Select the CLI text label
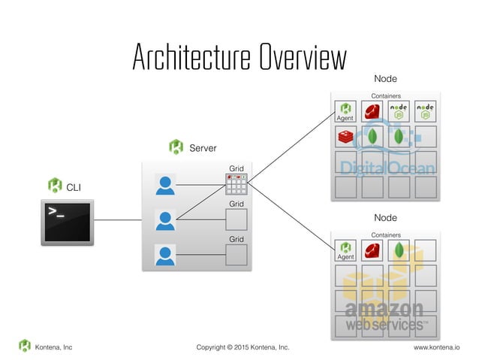click(x=74, y=186)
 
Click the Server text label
click(x=203, y=148)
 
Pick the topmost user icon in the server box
click(x=165, y=184)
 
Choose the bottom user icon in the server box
click(x=165, y=255)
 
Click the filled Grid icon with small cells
click(x=236, y=184)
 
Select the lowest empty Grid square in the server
click(x=236, y=255)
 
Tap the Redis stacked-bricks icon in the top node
click(x=346, y=138)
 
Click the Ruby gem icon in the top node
click(x=372, y=112)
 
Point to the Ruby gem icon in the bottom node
click(x=372, y=251)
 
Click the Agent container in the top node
click(x=346, y=112)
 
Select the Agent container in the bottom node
click(x=346, y=251)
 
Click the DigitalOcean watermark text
click(x=387, y=167)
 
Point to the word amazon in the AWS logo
click(x=384, y=309)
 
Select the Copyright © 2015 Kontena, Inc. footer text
click(x=243, y=347)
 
